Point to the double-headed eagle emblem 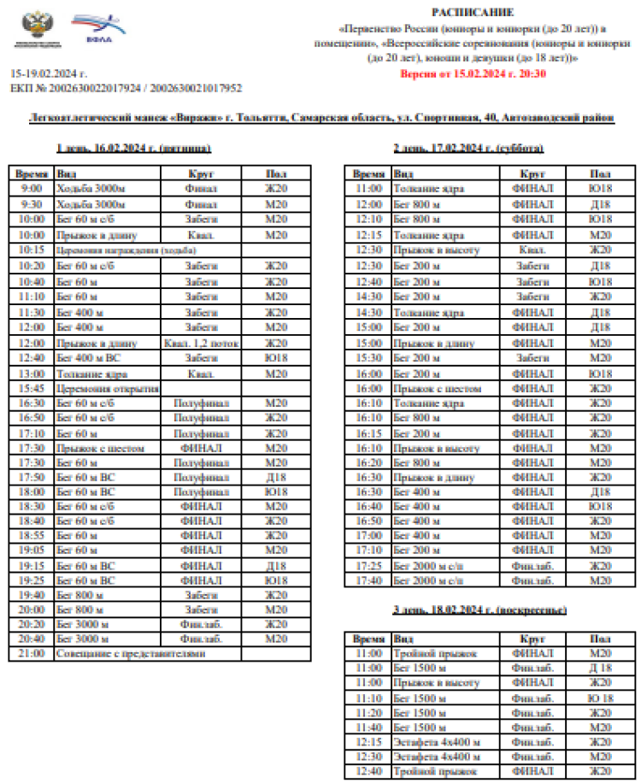35,25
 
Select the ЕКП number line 126,88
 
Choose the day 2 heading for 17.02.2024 468,148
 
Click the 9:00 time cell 32,188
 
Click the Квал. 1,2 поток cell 202,343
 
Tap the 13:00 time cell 32,373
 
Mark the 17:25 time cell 368,565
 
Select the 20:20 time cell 32,624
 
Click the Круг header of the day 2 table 532,173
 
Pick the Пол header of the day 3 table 600,639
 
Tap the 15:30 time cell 368,358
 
